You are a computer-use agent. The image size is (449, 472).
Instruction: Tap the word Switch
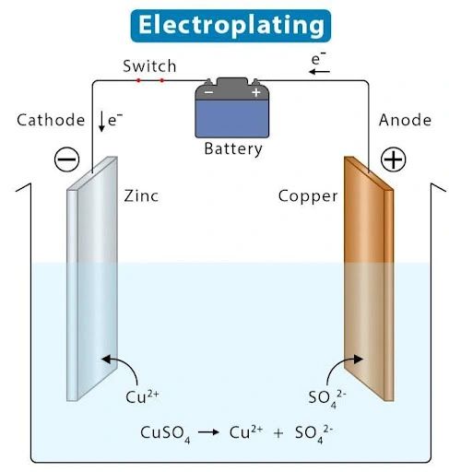149,66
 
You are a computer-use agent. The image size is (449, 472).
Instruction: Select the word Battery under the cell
232,148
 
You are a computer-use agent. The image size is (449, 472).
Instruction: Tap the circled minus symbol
66,159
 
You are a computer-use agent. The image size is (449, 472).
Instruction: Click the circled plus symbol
394,159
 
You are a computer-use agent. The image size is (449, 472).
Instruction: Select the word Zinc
141,196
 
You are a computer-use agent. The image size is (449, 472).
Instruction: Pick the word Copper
308,196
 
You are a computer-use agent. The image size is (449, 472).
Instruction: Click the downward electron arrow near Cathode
102,121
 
